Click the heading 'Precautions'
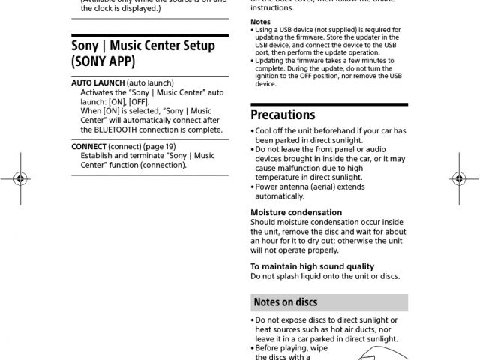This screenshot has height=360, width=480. coord(283,115)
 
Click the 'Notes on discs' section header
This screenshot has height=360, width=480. coord(286,302)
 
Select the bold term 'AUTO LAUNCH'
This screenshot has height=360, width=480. coord(98,82)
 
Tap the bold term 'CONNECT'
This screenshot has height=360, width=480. coord(88,147)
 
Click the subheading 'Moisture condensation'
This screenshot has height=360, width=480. coord(295,213)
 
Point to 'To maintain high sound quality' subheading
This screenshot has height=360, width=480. coord(312,266)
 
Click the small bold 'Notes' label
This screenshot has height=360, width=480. coord(260,22)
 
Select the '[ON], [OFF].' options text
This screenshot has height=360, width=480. coord(127,101)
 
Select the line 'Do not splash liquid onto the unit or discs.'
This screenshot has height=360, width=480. coord(325,276)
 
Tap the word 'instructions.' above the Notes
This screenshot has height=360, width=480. coord(272,7)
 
